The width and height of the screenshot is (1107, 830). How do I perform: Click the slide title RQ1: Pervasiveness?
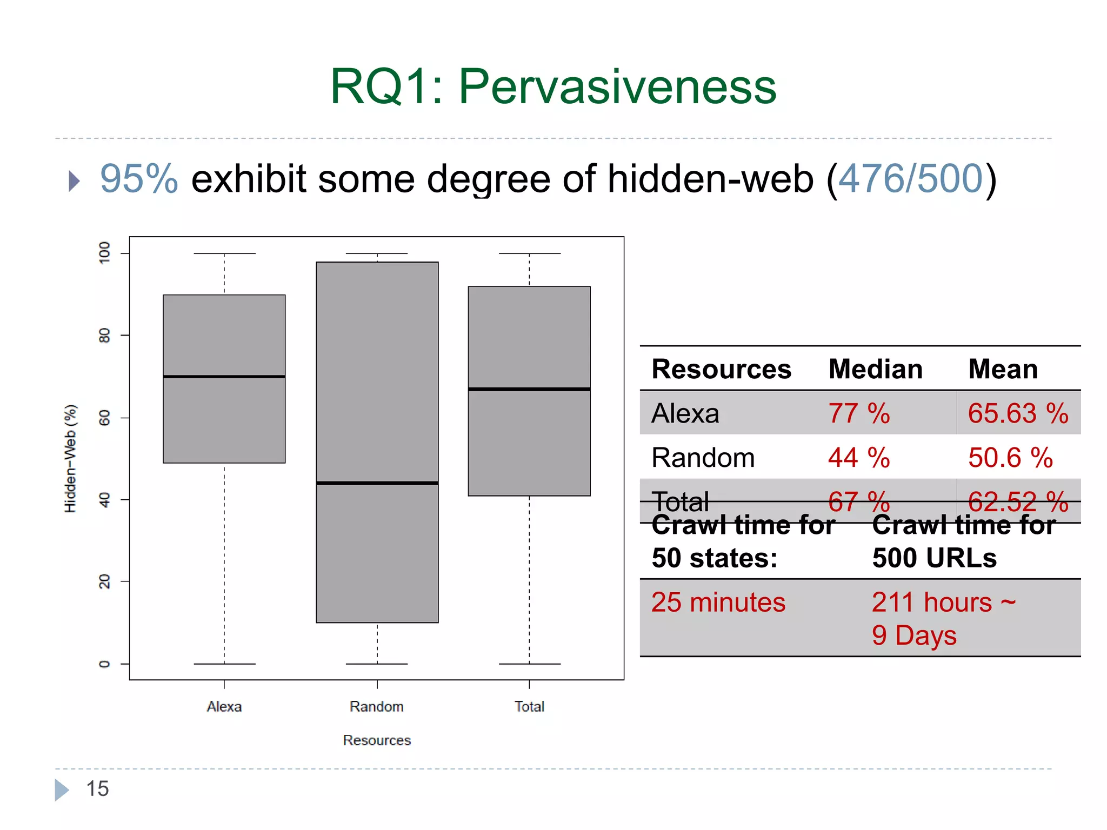pos(553,86)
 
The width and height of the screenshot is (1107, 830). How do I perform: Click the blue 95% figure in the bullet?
pos(139,179)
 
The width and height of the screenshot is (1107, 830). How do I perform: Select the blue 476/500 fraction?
pos(910,179)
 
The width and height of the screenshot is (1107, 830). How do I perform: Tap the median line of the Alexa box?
pos(224,377)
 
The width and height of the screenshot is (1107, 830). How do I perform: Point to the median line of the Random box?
pos(377,483)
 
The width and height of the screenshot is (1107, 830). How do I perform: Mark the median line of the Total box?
pos(529,389)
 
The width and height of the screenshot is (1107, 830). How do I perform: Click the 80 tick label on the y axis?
pos(104,336)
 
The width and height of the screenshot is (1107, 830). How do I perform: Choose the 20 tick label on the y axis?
pos(104,582)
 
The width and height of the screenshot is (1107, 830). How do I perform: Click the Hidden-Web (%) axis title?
pos(70,458)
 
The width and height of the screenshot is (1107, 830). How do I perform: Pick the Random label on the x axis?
pos(377,707)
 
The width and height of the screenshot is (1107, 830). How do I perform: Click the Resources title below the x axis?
pos(377,740)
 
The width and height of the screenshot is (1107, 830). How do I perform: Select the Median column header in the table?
pos(875,370)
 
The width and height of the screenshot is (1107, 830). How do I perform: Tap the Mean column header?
pos(1003,370)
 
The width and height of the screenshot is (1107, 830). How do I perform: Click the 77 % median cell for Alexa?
pos(859,414)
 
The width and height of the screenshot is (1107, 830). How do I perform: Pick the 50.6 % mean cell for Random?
pos(1010,458)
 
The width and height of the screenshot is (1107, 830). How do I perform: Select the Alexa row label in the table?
pos(685,414)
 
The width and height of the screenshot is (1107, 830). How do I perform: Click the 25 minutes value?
pos(718,603)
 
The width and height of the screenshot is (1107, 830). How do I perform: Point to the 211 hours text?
pos(932,603)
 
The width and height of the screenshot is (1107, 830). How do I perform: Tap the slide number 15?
pos(98,789)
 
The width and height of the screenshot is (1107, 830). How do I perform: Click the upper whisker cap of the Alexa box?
pos(224,253)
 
